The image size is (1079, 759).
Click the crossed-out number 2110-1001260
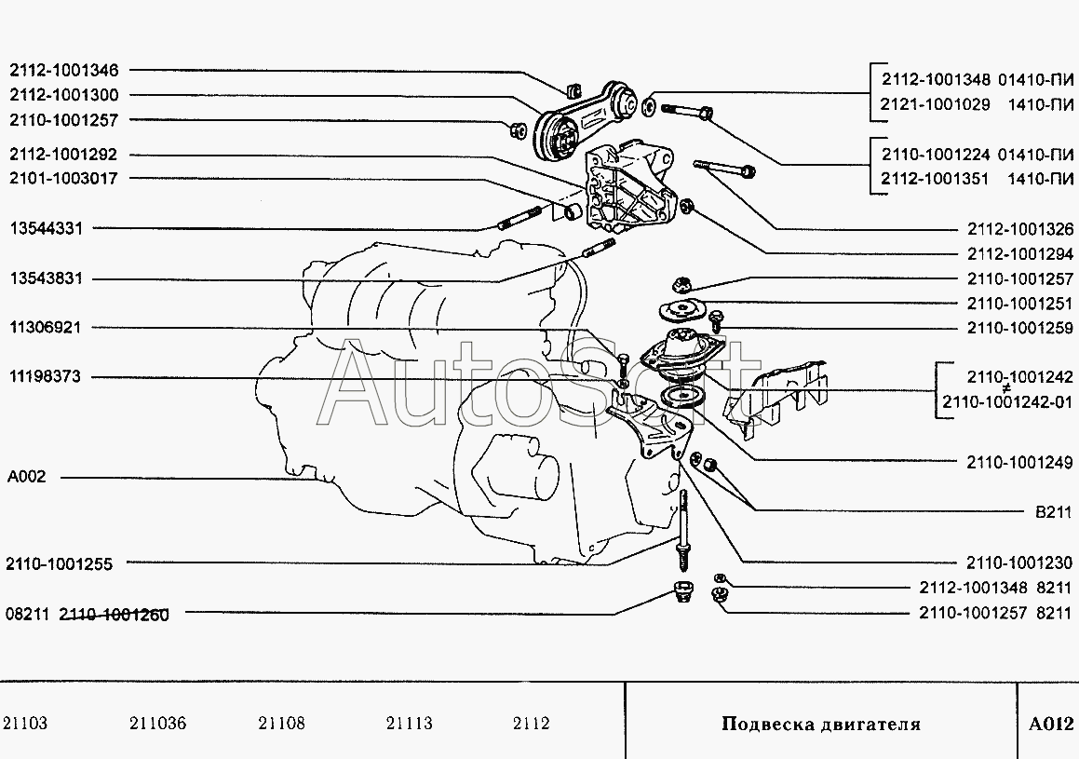115,615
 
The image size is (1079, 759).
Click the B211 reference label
1053,512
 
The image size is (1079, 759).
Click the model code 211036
158,724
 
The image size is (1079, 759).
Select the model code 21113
409,724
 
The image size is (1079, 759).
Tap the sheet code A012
1051,725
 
